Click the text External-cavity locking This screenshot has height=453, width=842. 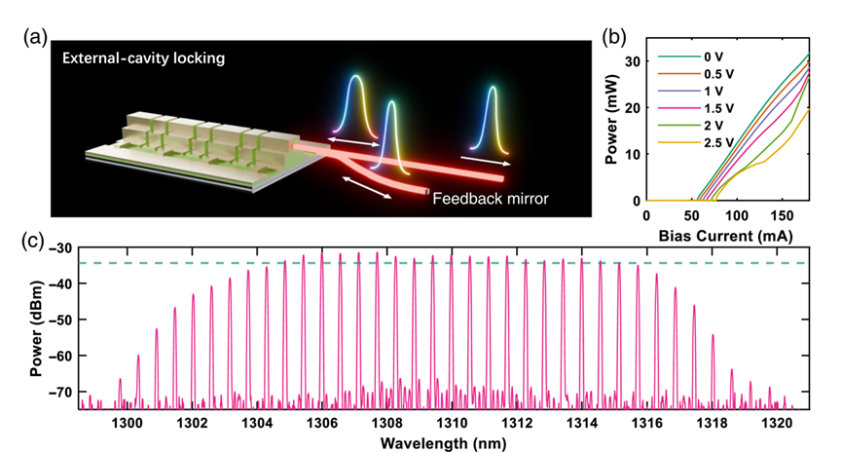pyautogui.click(x=144, y=57)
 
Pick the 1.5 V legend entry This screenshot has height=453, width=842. pyautogui.click(x=718, y=108)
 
